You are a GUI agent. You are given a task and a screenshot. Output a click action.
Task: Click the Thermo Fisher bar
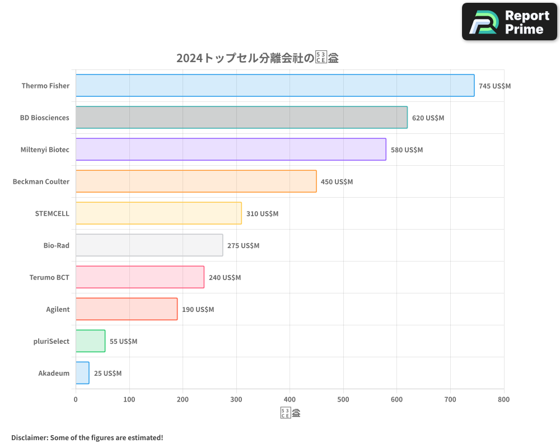pyautogui.click(x=274, y=86)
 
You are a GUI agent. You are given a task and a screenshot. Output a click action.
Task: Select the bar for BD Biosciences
pyautogui.click(x=241, y=118)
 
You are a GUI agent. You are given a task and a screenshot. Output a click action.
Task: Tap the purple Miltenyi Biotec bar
pyautogui.click(x=231, y=150)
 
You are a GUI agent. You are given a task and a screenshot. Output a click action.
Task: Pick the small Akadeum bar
pyautogui.click(x=82, y=373)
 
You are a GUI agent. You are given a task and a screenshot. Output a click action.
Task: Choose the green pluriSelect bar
pyautogui.click(x=90, y=341)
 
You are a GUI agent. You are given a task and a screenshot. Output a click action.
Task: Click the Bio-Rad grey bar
pyautogui.click(x=149, y=245)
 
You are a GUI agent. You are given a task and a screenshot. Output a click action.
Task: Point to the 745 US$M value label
pyautogui.click(x=494, y=86)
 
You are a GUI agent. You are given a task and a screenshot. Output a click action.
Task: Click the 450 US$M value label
pyautogui.click(x=337, y=182)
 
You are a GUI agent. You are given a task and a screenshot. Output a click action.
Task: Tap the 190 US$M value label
pyautogui.click(x=198, y=310)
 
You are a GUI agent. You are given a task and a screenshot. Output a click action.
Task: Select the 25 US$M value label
pyautogui.click(x=108, y=374)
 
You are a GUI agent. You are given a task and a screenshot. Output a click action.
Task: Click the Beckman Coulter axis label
pyautogui.click(x=41, y=181)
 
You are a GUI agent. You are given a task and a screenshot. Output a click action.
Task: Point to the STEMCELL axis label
pyautogui.click(x=52, y=213)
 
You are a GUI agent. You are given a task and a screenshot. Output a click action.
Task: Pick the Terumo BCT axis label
pyautogui.click(x=49, y=277)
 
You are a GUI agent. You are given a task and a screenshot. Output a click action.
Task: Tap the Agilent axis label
pyautogui.click(x=58, y=309)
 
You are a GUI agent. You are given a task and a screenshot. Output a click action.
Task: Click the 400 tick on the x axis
pyautogui.click(x=290, y=399)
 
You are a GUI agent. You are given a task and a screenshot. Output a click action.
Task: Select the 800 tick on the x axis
pyautogui.click(x=504, y=399)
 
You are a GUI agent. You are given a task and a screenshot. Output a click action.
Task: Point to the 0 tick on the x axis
pyautogui.click(x=76, y=399)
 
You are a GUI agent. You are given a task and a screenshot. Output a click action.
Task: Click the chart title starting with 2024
pyautogui.click(x=257, y=58)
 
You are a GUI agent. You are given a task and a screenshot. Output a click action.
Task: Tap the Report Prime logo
pyautogui.click(x=509, y=22)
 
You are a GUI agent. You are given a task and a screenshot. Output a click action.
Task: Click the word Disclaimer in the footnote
pyautogui.click(x=29, y=437)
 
